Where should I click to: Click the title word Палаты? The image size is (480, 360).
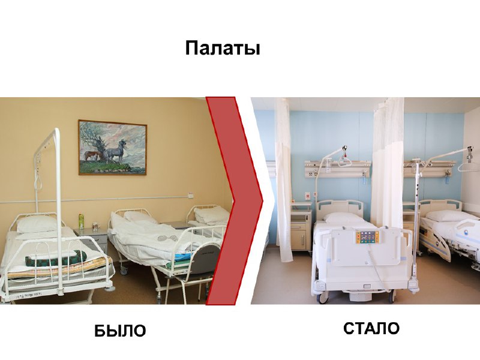pos(223,49)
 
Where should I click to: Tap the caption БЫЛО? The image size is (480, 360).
pos(120,331)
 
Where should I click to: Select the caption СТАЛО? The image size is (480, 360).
pos(371,328)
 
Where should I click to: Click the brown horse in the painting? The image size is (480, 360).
pos(91,155)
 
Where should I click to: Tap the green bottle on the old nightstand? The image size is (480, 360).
pos(81,221)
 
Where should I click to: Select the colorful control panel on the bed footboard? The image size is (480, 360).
pos(367,237)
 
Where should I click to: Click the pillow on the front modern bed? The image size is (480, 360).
pos(344,218)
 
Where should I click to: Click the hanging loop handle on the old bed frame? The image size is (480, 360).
pos(39,181)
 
